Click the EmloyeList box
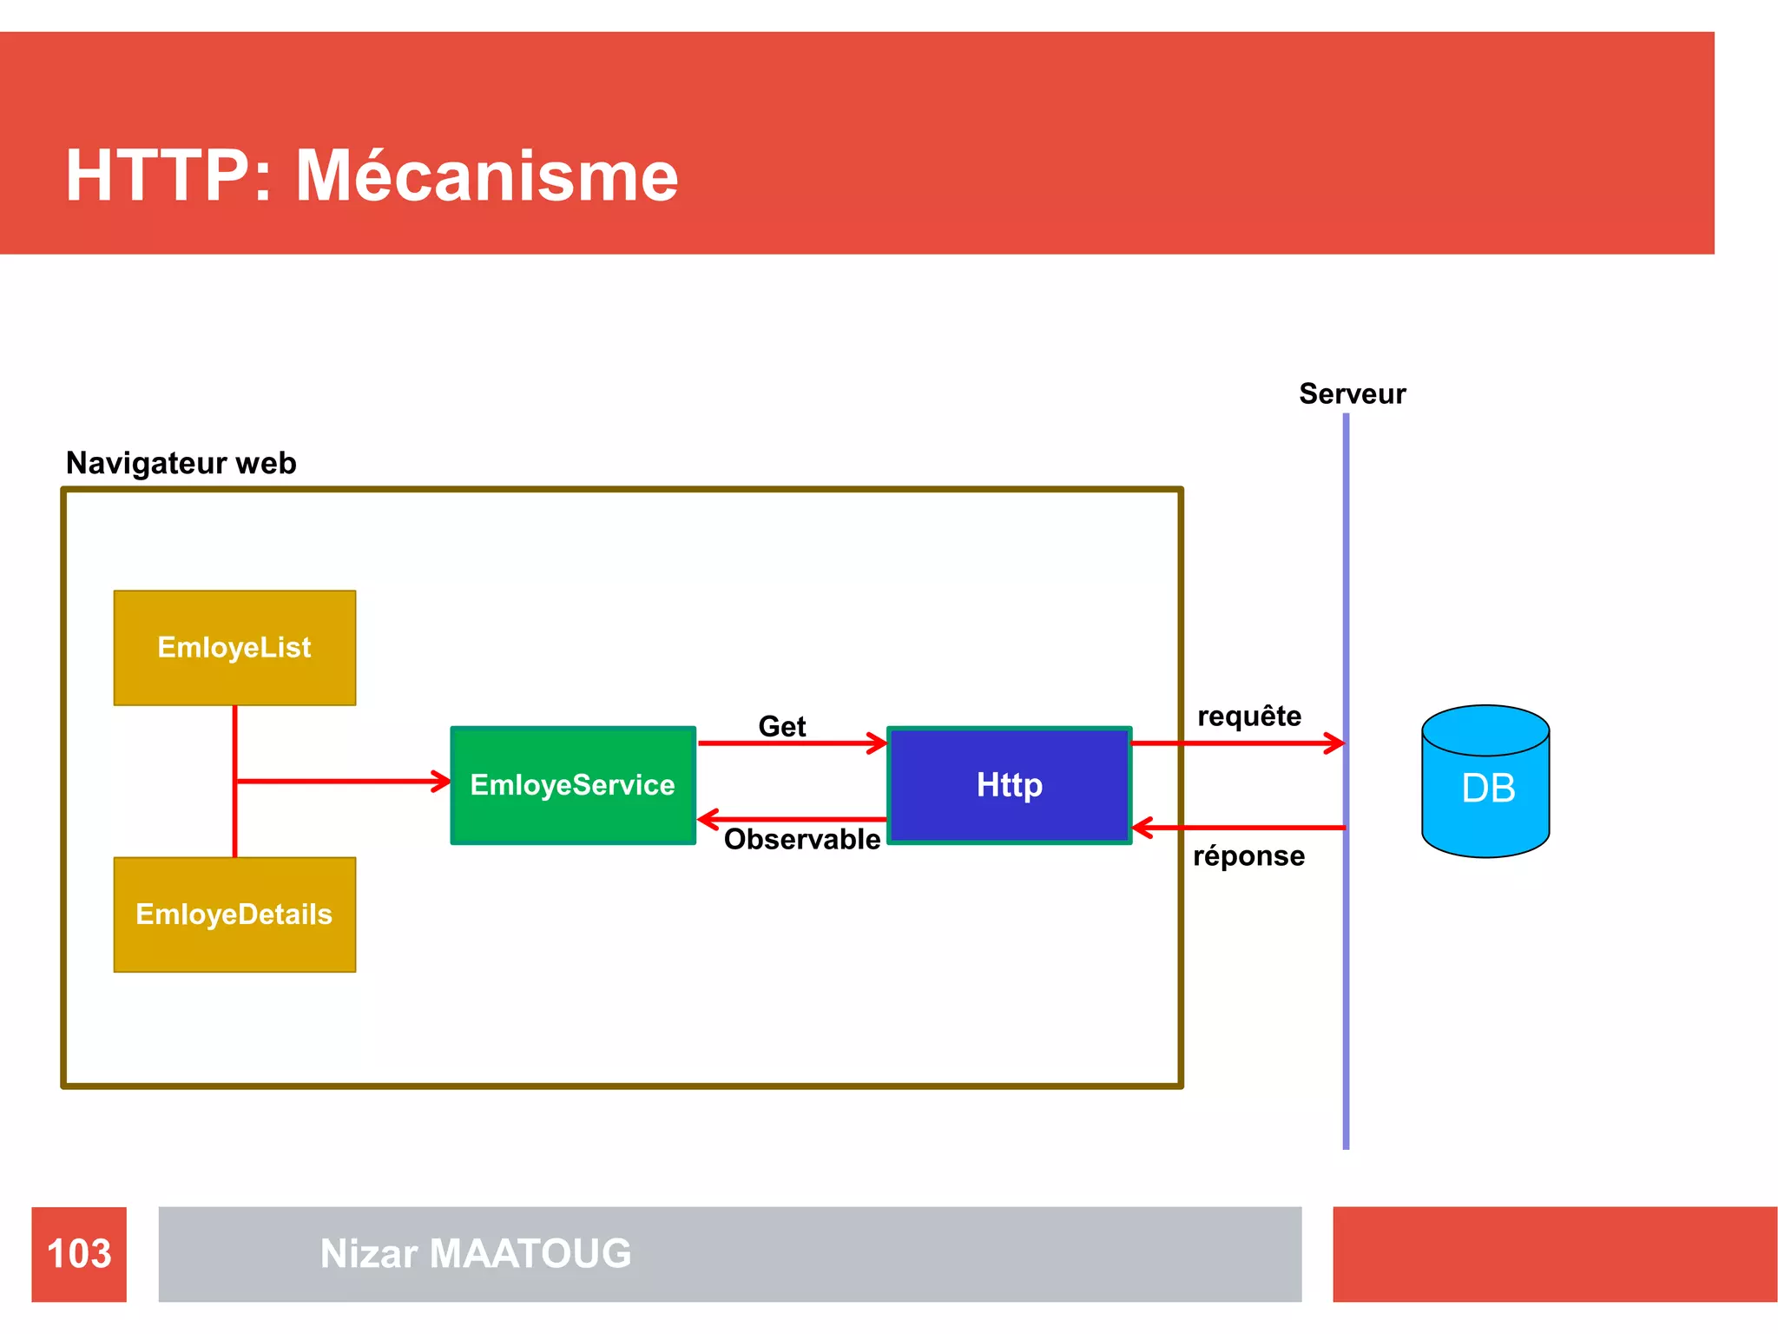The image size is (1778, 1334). click(234, 648)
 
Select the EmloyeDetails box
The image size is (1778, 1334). click(234, 915)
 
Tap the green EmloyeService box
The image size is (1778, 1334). click(573, 785)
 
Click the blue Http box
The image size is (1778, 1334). click(1009, 785)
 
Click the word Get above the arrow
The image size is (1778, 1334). click(781, 726)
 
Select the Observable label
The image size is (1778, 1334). click(801, 839)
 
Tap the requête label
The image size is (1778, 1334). click(1249, 716)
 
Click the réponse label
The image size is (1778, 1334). click(1248, 856)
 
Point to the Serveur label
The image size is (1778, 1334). click(1352, 393)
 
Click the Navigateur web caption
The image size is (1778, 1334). click(181, 463)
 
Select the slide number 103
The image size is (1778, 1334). click(79, 1253)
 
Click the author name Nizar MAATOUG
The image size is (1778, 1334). click(476, 1253)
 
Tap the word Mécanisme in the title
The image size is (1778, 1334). click(486, 175)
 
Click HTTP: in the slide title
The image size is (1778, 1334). click(169, 175)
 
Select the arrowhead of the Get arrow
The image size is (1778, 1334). click(878, 743)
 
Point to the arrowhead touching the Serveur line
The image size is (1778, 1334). click(1335, 743)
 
